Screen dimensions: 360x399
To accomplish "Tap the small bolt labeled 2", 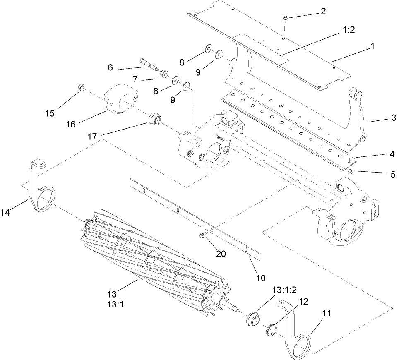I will [285, 18].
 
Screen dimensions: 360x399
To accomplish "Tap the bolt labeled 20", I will [202, 235].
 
